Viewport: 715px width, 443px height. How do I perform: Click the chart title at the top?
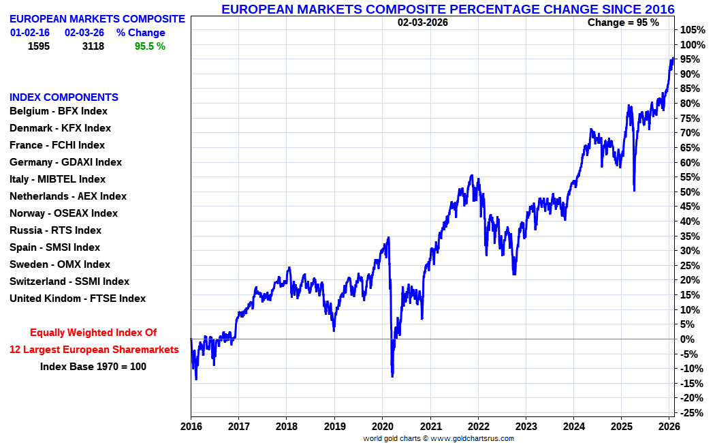448,9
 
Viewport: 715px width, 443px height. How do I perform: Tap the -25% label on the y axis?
693,413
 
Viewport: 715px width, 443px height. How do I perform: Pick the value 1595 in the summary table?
39,46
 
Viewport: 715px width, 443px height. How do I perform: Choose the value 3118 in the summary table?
93,46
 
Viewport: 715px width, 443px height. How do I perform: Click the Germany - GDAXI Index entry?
65,162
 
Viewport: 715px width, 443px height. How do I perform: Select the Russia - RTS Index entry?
55,230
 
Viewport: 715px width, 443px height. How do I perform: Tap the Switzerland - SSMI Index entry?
69,281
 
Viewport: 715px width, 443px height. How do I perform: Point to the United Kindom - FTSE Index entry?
78,299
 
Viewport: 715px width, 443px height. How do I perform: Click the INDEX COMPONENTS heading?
64,97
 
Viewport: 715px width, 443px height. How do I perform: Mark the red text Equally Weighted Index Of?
93,333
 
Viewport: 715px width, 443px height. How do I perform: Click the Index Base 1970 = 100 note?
93,367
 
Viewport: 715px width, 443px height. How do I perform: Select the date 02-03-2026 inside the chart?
423,22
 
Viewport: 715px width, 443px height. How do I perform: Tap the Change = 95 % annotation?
623,22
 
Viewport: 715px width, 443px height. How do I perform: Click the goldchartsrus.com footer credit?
439,438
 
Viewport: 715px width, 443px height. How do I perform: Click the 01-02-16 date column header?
30,33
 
